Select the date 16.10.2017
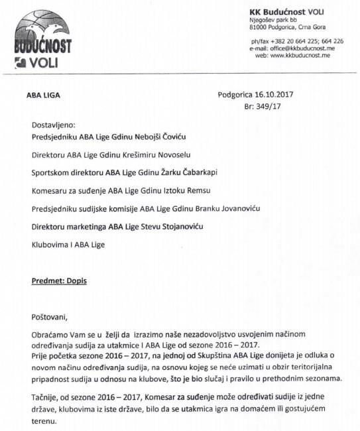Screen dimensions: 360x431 tap(274, 95)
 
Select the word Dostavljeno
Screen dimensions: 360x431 tap(54, 125)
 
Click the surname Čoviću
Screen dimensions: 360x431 tap(171, 137)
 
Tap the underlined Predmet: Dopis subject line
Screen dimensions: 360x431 tap(59, 280)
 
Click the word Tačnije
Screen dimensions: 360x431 tap(48, 395)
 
